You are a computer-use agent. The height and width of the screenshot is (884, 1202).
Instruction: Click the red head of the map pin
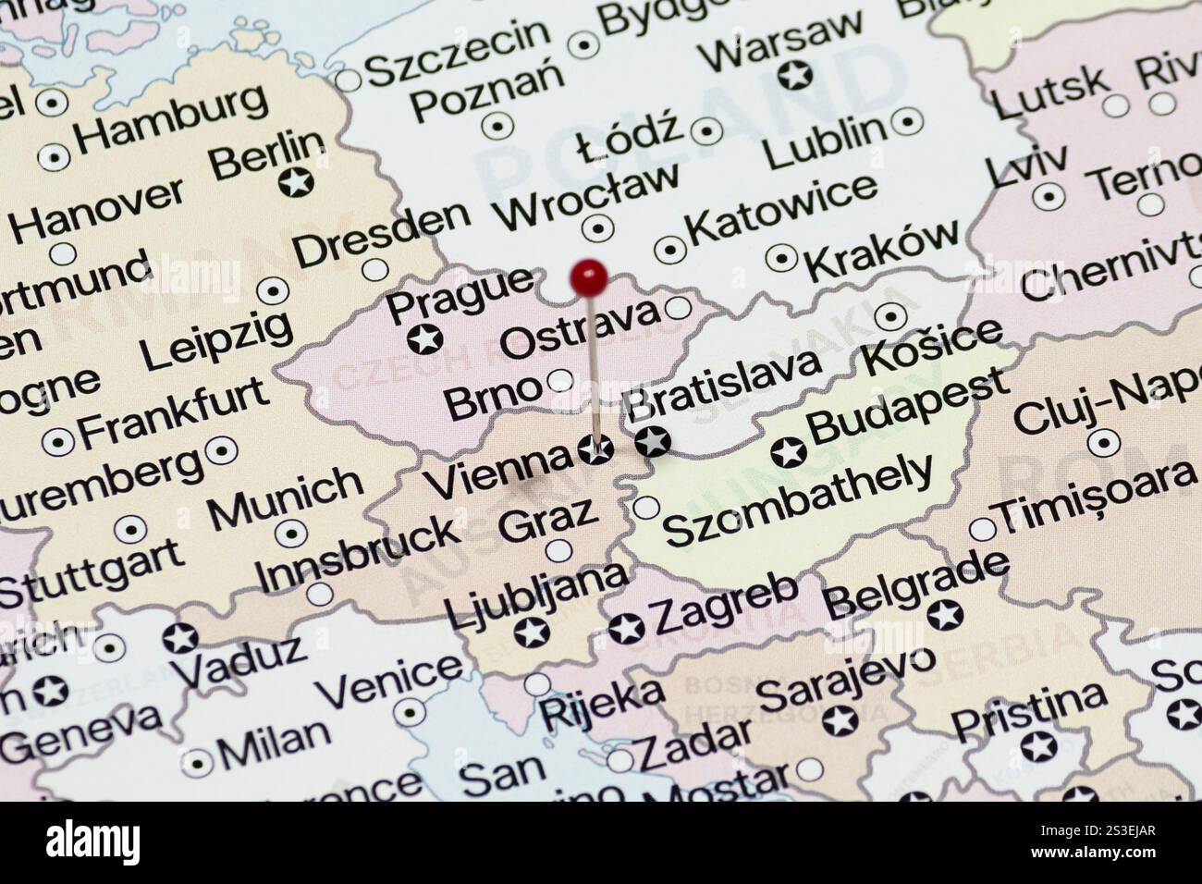tap(589, 275)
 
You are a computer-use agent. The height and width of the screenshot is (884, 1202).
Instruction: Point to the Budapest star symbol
tap(788, 452)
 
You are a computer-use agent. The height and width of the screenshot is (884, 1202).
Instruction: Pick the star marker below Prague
tap(425, 339)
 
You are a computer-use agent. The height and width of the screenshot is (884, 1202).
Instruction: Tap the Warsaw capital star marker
tap(794, 74)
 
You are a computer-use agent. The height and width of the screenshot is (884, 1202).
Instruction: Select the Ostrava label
tap(580, 330)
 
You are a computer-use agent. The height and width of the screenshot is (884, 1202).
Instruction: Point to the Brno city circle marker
tap(559, 380)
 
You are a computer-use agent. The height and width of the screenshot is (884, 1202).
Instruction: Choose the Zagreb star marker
tap(626, 629)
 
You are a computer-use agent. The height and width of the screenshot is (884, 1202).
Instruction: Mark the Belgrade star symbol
tap(945, 614)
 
